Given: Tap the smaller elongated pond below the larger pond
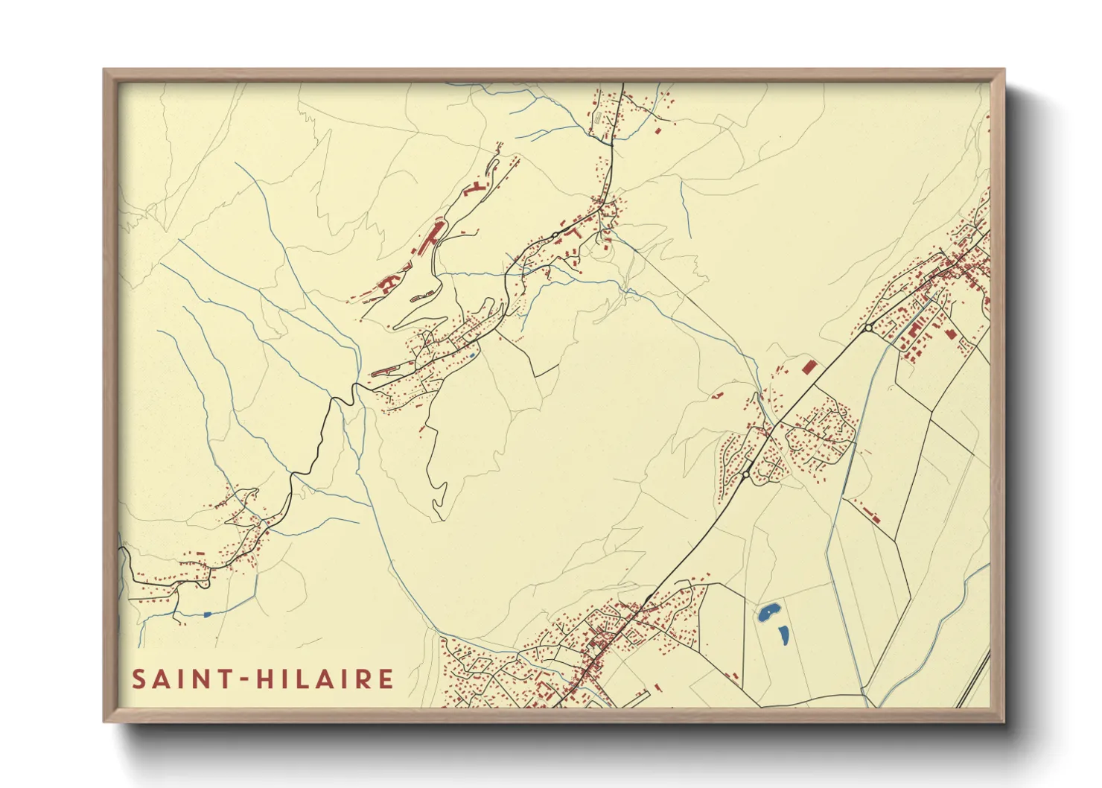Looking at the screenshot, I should click(783, 635).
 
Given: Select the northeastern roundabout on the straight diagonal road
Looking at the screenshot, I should click(868, 328).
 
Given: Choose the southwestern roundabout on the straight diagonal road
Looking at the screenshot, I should click(745, 474).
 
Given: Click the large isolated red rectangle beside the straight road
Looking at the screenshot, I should click(809, 366).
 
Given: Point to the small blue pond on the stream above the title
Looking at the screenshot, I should click(208, 614).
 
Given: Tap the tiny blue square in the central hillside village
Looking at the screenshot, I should click(472, 355).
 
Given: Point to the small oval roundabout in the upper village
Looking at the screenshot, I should click(555, 235).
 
